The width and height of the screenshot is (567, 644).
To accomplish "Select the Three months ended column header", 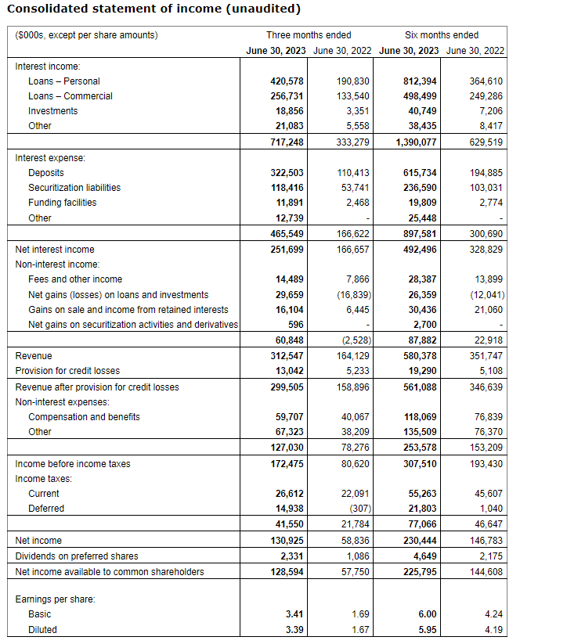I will click(309, 35).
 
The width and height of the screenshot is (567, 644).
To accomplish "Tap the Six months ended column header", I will click(442, 35).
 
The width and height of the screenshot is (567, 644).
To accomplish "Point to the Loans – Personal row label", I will click(64, 81).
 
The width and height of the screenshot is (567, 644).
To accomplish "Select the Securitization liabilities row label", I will click(74, 188).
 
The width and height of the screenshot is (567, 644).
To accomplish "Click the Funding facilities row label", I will click(63, 203).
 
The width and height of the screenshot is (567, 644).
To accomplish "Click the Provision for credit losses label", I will click(69, 371).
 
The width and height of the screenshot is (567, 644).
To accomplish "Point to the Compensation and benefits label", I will click(84, 417).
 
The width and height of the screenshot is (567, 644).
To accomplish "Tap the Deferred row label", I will click(46, 509).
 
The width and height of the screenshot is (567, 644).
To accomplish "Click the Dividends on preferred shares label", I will click(77, 556).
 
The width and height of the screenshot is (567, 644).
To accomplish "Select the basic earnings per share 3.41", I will click(294, 615).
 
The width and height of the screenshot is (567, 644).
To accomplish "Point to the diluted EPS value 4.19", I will click(493, 630).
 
